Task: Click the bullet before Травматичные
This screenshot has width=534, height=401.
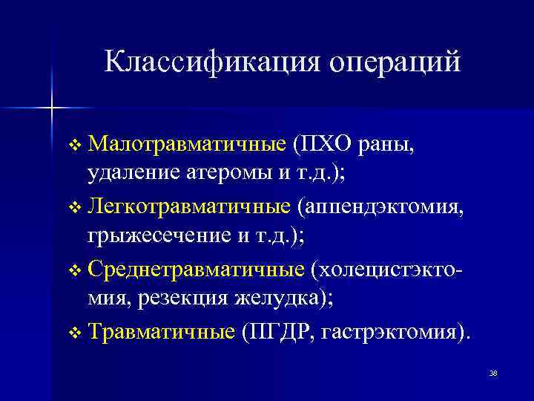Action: click(x=72, y=332)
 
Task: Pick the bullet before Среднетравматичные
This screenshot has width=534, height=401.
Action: click(x=72, y=270)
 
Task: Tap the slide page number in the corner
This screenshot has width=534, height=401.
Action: click(x=492, y=373)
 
